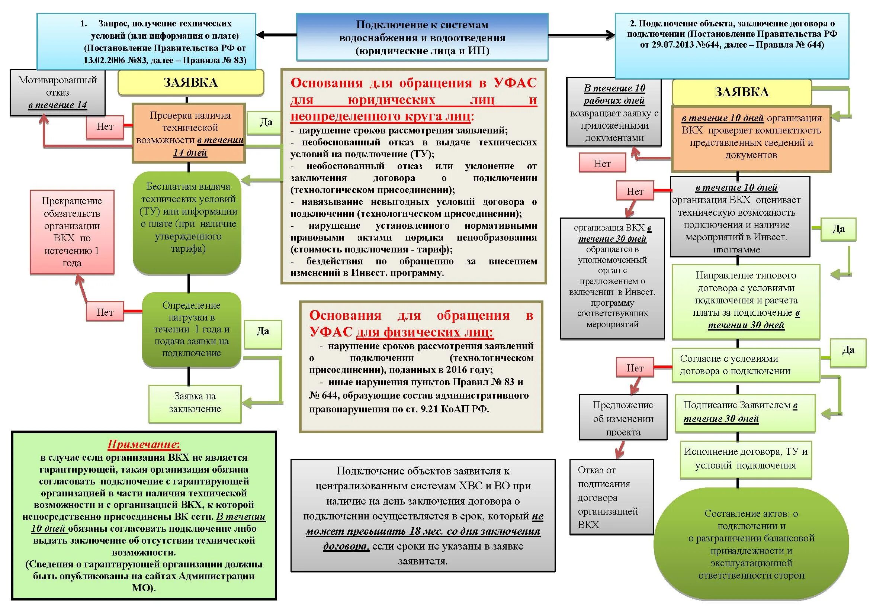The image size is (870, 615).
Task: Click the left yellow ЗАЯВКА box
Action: (x=190, y=83)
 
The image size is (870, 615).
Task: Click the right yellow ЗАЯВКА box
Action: (x=742, y=92)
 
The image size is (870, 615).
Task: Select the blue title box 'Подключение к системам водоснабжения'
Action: (x=422, y=37)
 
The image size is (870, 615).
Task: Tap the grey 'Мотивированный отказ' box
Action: (x=58, y=93)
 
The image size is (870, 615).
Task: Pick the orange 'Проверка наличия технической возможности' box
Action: (x=189, y=133)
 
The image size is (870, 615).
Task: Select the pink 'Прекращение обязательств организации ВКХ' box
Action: (x=72, y=232)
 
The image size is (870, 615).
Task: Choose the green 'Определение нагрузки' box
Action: (x=191, y=329)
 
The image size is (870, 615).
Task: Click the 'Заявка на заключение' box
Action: (x=195, y=403)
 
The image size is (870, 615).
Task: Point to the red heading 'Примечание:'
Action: (x=144, y=444)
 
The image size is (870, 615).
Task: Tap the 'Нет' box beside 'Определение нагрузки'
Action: (x=105, y=312)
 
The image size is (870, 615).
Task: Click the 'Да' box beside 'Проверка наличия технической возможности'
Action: (x=266, y=122)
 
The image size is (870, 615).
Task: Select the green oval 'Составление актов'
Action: (x=751, y=544)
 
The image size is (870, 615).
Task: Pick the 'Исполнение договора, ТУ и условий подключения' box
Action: (x=745, y=458)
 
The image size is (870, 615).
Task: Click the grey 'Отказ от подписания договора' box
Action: (x=611, y=497)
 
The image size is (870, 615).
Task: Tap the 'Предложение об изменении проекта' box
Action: (x=623, y=417)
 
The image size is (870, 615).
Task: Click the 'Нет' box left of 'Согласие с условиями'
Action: (x=635, y=368)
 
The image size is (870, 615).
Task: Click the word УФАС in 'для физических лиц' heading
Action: (x=330, y=332)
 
